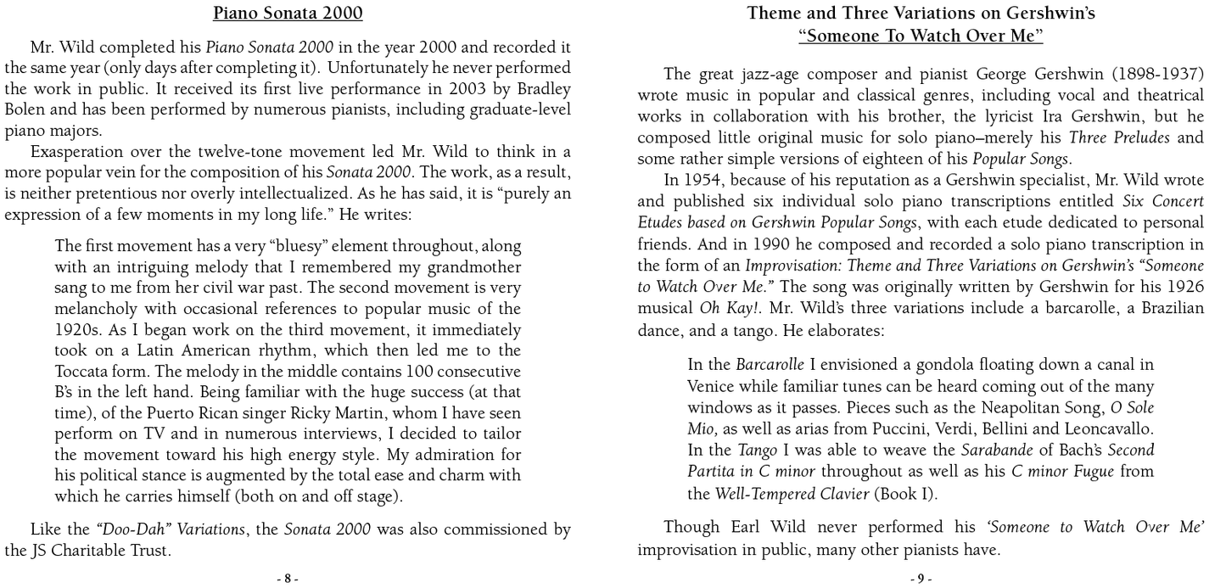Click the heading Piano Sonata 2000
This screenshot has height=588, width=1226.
tap(288, 13)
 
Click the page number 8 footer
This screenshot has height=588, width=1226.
tap(288, 579)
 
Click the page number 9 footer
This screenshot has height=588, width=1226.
tap(921, 579)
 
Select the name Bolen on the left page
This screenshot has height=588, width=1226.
tap(24, 110)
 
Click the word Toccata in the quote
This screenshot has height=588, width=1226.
tap(80, 371)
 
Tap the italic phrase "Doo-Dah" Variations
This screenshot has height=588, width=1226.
tap(173, 529)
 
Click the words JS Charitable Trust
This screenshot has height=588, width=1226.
tap(100, 551)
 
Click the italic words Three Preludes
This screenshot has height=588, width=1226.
tap(1120, 137)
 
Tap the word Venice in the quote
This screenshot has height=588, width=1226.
tap(710, 386)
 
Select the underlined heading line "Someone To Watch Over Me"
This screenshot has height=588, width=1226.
tap(921, 36)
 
